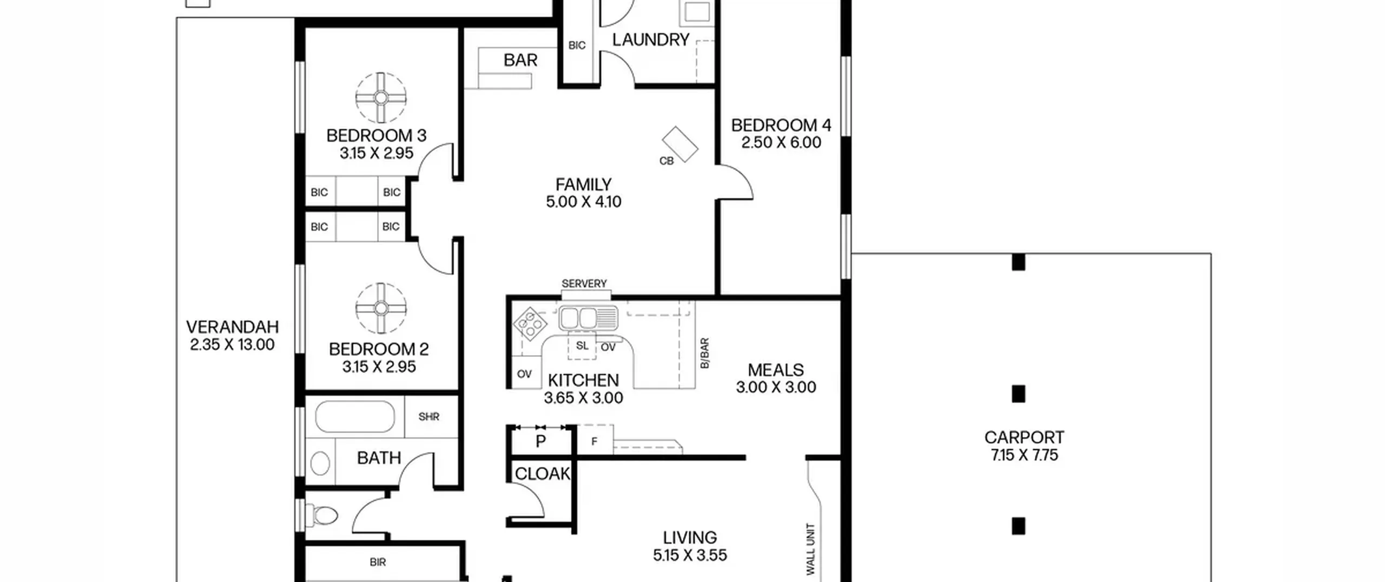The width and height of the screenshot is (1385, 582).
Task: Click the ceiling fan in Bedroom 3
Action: (x=381, y=97)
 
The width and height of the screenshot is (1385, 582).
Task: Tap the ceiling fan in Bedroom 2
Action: (x=381, y=308)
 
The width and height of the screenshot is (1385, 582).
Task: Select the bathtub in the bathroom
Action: (x=355, y=416)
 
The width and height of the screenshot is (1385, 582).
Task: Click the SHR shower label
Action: (x=429, y=417)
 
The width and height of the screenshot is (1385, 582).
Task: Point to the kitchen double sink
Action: (x=588, y=318)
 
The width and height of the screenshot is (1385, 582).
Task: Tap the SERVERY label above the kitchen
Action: (x=584, y=284)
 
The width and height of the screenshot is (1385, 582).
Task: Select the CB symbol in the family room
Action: (x=680, y=144)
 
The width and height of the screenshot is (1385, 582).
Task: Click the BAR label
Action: (x=520, y=60)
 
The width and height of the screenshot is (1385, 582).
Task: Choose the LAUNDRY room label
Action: (x=651, y=40)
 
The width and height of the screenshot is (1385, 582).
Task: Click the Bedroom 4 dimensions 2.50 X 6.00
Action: (x=781, y=142)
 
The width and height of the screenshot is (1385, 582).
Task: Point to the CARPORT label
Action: (x=1024, y=437)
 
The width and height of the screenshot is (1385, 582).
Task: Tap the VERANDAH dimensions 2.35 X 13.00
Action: (x=232, y=345)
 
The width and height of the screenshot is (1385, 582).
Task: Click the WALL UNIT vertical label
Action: (x=810, y=549)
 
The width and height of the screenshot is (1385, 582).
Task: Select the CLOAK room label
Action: (x=542, y=474)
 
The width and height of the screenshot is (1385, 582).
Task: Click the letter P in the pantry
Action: (x=540, y=442)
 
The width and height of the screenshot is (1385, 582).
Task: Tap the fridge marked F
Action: (x=595, y=439)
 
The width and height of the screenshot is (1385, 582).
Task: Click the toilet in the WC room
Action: (x=322, y=515)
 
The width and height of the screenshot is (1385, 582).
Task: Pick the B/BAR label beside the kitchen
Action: (x=704, y=354)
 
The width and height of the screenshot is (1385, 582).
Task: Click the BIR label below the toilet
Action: (x=378, y=563)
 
